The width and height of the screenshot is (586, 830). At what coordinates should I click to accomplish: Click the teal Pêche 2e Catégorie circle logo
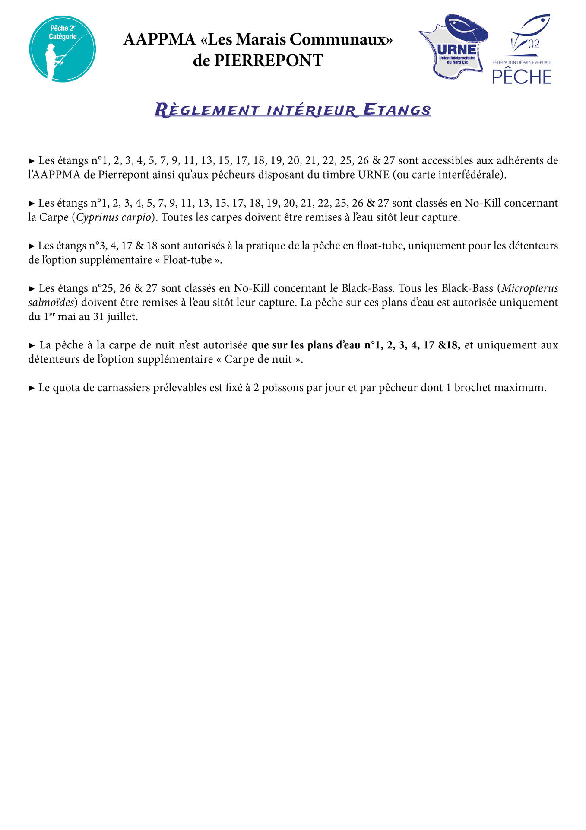[x=63, y=48]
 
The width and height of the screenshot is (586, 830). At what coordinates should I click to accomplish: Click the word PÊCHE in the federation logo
[x=522, y=77]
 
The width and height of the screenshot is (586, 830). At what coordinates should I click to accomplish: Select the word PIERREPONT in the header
[x=269, y=61]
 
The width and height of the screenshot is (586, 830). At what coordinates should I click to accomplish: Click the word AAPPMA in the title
[x=159, y=39]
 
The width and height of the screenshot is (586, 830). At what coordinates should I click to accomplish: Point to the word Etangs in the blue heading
[x=397, y=110]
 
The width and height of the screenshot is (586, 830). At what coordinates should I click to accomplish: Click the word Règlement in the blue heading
[x=207, y=110]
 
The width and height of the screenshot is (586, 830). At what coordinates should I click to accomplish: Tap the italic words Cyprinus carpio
[x=114, y=217]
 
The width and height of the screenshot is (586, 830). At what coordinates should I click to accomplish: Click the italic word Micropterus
[x=530, y=288]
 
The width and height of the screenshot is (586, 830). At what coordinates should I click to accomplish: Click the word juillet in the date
[x=123, y=316]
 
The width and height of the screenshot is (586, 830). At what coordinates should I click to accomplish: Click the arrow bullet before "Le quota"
[x=32, y=388]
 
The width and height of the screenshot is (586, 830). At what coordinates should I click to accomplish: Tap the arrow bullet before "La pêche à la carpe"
[x=32, y=345]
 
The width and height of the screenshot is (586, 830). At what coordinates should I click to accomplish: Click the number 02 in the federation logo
[x=534, y=44]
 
